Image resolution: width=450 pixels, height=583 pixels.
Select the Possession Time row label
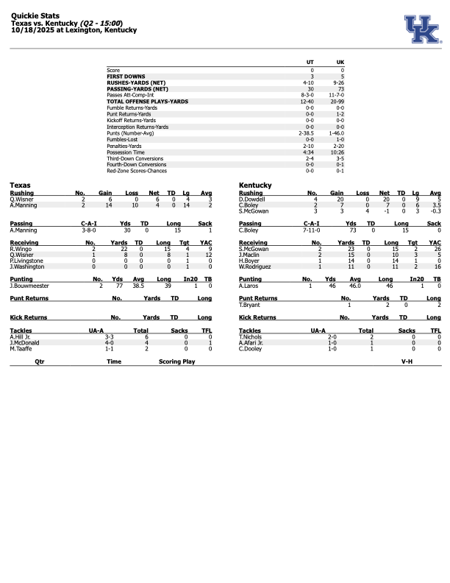[124, 152]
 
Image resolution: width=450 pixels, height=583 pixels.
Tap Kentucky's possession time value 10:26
[340, 152]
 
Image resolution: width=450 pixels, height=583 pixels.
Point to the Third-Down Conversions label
[132, 158]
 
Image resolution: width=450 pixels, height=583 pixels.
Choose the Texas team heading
[20, 185]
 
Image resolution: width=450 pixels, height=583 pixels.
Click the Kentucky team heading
[255, 185]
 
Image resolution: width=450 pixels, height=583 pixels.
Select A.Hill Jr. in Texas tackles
[22, 336]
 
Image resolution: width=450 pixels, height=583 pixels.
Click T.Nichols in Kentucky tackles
[251, 336]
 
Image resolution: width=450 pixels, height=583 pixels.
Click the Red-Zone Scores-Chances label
[136, 171]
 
